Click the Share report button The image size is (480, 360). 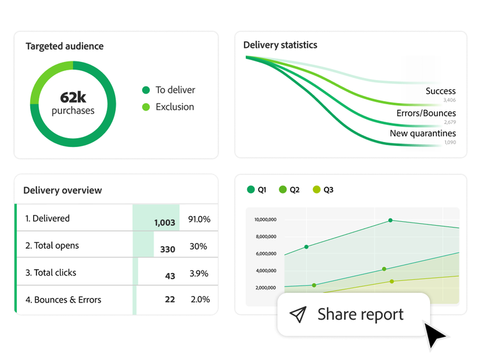coord(353,314)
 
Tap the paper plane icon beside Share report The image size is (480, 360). coord(298,314)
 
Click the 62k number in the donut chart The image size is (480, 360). coord(73,97)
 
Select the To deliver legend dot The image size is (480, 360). coord(146,90)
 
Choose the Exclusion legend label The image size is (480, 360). coord(175,107)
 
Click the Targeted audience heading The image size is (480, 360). coord(64,46)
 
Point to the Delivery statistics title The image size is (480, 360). coord(280,45)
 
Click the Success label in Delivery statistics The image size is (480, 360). coord(440,91)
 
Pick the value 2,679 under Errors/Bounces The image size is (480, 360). coord(449,122)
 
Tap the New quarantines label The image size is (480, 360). coord(422,134)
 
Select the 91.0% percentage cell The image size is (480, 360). coord(199,219)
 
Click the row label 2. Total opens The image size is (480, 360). coord(52,246)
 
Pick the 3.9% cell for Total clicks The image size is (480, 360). coord(199,274)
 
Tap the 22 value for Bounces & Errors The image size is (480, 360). coord(170,300)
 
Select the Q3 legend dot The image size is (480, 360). coord(316,190)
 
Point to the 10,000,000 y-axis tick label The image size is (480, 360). coord(265,219)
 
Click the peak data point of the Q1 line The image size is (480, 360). coord(390,221)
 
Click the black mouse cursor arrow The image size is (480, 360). coord(435,334)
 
